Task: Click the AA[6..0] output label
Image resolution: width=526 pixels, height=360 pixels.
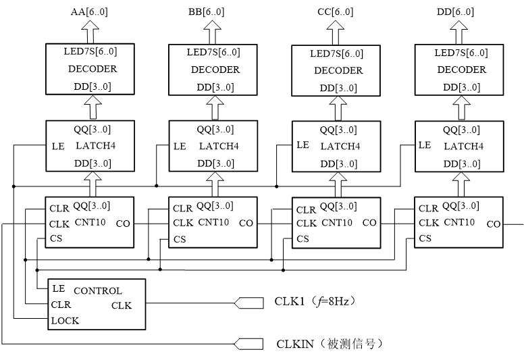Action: (87, 12)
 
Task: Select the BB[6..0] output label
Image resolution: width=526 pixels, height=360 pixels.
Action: (207, 12)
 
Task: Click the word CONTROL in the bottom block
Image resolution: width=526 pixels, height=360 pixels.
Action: (97, 290)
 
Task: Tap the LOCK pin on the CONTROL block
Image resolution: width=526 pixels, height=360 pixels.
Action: (65, 320)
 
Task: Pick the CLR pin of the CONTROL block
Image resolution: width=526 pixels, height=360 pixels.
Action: (61, 305)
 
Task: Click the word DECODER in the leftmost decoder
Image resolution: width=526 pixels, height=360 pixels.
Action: (93, 68)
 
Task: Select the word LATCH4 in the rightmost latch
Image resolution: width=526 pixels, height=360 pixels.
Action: (463, 146)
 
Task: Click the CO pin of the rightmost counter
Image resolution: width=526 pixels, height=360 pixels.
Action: (493, 224)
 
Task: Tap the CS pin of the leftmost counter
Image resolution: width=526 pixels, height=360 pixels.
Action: (56, 238)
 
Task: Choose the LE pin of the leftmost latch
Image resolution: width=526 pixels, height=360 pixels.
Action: (57, 146)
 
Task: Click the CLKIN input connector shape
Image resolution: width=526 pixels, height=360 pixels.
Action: (248, 344)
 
